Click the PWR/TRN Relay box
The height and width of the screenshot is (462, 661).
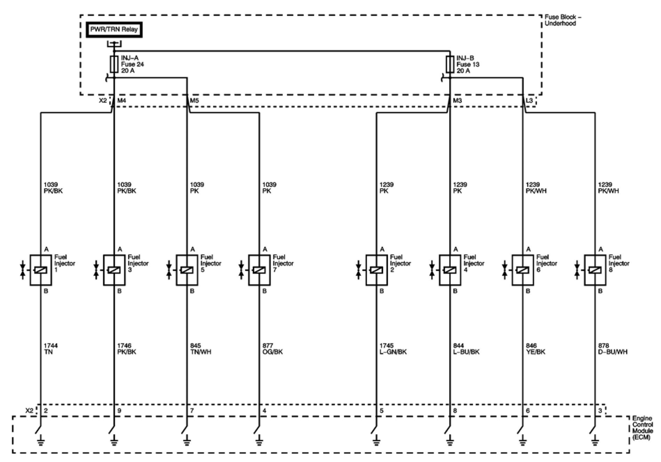[x=114, y=30]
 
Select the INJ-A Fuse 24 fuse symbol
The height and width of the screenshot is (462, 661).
[x=114, y=64]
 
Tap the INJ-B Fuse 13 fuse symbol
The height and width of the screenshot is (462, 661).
[x=450, y=64]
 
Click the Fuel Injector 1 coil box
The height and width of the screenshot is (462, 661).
[x=41, y=270]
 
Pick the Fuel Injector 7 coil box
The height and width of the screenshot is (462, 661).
[x=259, y=270]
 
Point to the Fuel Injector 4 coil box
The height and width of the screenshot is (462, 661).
[x=450, y=270]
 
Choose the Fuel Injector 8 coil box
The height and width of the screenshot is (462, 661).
[x=595, y=270]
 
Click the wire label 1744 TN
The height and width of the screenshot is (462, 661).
[x=50, y=349]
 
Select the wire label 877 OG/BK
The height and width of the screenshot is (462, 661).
[x=272, y=349]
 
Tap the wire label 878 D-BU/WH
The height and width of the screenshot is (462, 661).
[x=613, y=349]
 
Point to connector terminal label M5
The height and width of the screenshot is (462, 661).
[x=194, y=101]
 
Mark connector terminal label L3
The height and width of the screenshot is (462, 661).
[x=529, y=101]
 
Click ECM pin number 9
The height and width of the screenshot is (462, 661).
[x=119, y=411]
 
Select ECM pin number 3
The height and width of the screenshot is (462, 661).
[x=600, y=411]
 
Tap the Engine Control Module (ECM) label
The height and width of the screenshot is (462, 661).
[x=642, y=428]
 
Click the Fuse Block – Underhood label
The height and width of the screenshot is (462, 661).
[x=563, y=20]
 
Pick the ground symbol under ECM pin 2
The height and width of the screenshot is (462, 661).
[x=41, y=442]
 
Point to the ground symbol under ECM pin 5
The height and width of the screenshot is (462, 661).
[x=376, y=442]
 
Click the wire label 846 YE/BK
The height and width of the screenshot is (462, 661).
[x=535, y=349]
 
